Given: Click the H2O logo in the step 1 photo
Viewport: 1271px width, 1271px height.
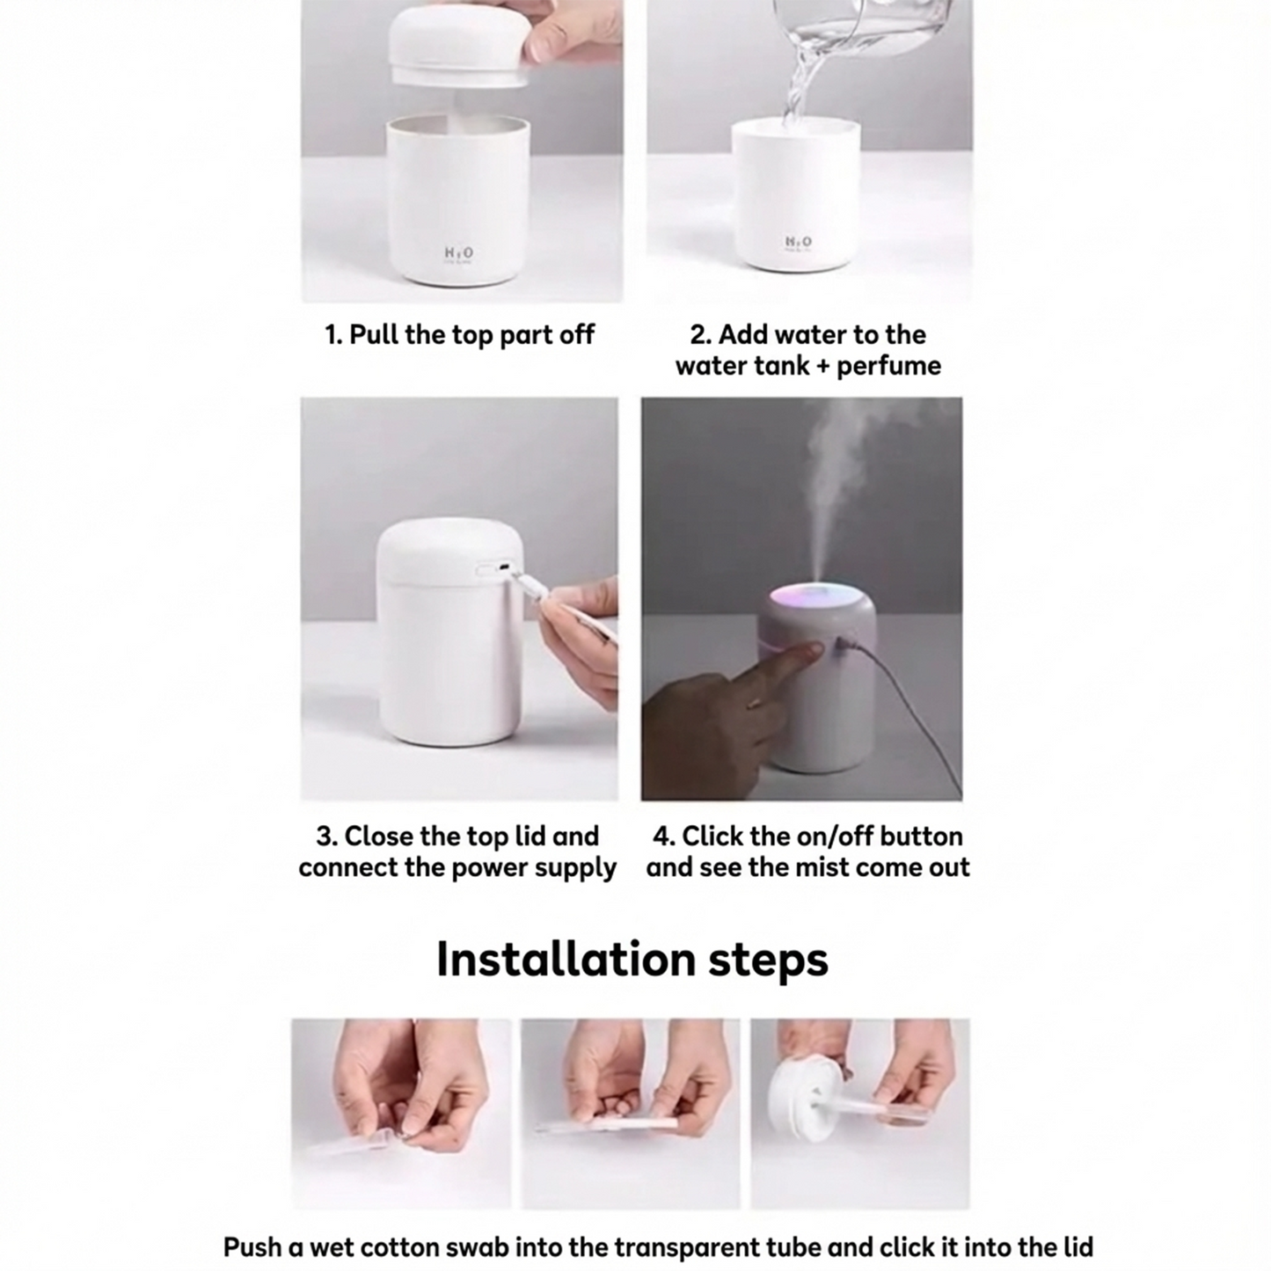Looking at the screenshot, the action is point(458,253).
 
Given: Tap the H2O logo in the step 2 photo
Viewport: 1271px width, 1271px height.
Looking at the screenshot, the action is point(799,243).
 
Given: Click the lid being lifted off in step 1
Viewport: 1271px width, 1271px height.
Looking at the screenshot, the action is point(460,44).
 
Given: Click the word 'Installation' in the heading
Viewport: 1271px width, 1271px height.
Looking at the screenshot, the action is point(566,959).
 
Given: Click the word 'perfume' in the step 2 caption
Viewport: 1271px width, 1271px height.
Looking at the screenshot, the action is point(889,365).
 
